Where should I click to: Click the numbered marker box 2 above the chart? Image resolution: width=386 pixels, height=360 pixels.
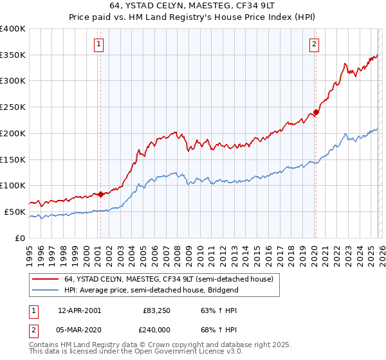(314, 44)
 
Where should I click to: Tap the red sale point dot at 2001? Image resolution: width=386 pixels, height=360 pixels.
(100, 194)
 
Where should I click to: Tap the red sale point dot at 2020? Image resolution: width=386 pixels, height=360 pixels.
(316, 112)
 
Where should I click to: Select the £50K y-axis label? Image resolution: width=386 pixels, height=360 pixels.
(15, 212)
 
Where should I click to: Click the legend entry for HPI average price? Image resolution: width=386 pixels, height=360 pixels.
(151, 290)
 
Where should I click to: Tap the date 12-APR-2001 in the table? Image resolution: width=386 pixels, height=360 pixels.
(79, 310)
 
